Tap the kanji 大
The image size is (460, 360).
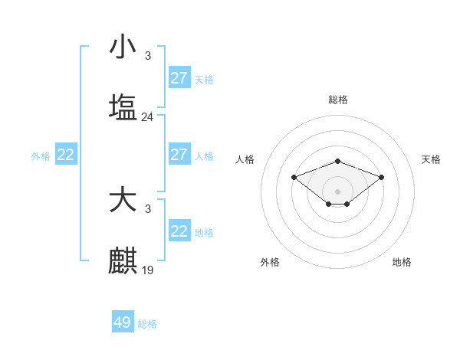click(123, 201)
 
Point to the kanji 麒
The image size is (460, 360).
click(123, 261)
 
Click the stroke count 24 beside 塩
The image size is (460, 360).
click(147, 117)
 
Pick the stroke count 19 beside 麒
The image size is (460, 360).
click(147, 270)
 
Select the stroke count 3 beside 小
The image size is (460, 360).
click(147, 55)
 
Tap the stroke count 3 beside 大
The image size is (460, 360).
click(147, 209)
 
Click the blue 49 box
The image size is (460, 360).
click(123, 322)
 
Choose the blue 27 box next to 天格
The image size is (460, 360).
click(179, 78)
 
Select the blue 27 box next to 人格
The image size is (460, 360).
click(179, 155)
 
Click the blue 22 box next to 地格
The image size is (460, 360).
click(179, 231)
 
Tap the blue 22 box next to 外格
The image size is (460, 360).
click(66, 155)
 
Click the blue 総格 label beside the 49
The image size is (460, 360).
click(147, 324)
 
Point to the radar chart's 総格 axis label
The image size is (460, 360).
click(338, 100)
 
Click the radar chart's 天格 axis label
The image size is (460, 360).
click(432, 159)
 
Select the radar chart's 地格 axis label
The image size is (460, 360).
click(402, 262)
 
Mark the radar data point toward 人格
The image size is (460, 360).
click(294, 177)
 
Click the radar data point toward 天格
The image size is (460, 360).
click(382, 177)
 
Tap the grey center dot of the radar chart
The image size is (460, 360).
click(338, 191)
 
